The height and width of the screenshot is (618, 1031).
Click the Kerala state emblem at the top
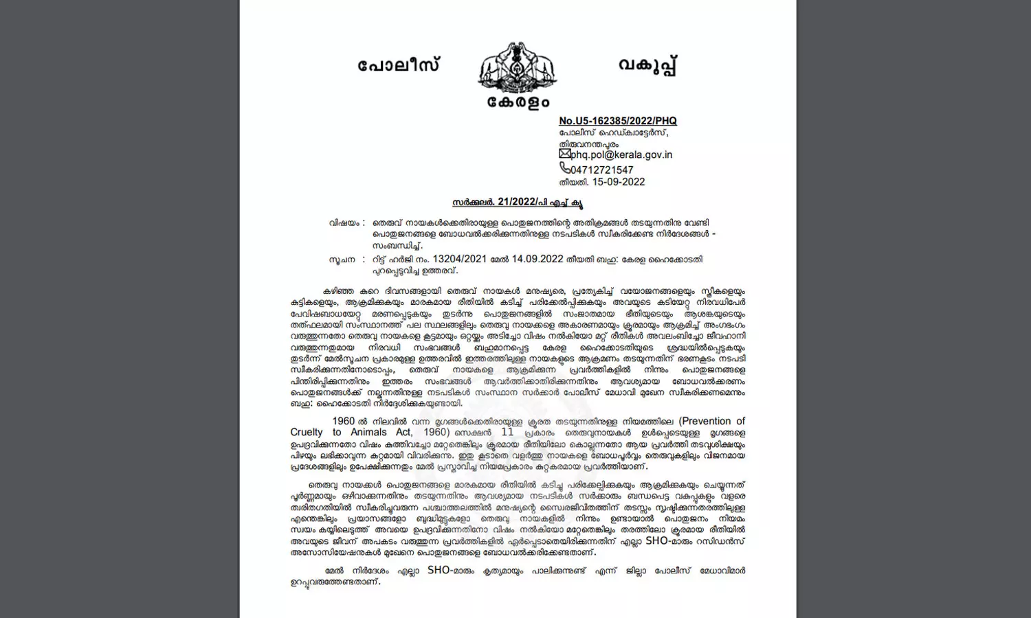(x=517, y=67)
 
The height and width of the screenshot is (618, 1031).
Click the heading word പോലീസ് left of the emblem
(x=399, y=66)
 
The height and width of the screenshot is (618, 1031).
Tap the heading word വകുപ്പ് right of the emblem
(x=647, y=66)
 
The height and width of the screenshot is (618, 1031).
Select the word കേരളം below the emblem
(x=518, y=102)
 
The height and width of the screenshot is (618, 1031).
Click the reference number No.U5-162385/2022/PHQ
(x=617, y=121)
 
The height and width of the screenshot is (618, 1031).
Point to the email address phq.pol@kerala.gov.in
(x=621, y=155)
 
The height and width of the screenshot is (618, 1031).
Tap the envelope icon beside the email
(x=564, y=154)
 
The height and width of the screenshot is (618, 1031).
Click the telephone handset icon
(x=564, y=168)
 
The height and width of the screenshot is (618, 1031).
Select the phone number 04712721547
(x=602, y=170)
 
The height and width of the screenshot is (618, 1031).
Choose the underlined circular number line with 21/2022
(x=518, y=203)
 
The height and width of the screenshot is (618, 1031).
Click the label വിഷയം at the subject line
(x=344, y=223)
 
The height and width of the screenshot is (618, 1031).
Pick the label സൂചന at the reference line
(x=342, y=260)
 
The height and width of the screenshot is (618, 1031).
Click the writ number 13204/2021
(x=460, y=260)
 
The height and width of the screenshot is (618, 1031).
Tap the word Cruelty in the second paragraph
(x=306, y=433)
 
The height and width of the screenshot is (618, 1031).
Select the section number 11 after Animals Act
(x=507, y=433)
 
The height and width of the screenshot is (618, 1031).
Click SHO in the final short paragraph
(x=439, y=570)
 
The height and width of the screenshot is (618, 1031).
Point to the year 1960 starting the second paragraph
(x=344, y=421)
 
